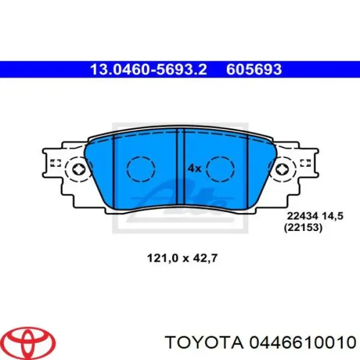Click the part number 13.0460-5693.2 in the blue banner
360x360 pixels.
pyautogui.click(x=148, y=70)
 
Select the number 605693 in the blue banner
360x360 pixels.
pyautogui.click(x=254, y=70)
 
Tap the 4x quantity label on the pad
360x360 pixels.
pyautogui.click(x=194, y=169)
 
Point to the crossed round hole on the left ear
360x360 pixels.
pyautogui.click(x=78, y=169)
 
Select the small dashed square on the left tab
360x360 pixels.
pyautogui.click(x=55, y=163)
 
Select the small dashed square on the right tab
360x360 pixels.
pyautogui.click(x=304, y=163)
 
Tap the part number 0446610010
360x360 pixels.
pyautogui.click(x=301, y=343)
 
